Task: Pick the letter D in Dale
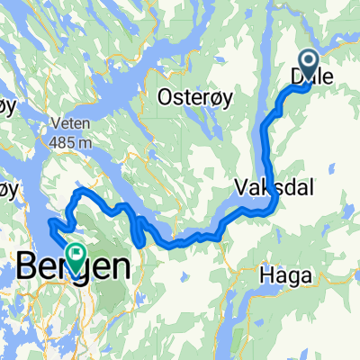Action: pos(299,80)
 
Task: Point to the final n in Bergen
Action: pos(120,267)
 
